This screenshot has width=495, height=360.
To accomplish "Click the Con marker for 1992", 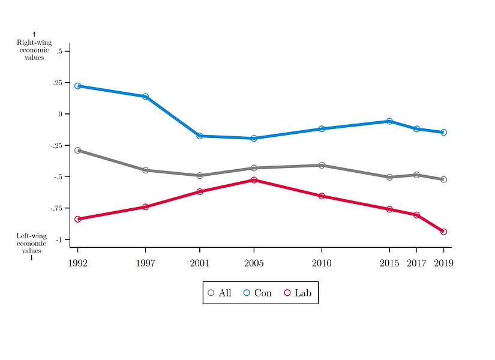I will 77,86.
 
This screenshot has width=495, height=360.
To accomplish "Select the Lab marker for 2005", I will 254,180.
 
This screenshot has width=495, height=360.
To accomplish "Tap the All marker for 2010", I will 322,165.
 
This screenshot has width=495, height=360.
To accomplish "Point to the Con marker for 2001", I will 200,136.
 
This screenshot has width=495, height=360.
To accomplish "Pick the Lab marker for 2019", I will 443,232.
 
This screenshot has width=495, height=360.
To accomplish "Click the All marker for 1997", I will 145,170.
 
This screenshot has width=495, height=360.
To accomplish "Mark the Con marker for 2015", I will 389,121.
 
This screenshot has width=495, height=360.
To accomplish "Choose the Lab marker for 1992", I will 77,219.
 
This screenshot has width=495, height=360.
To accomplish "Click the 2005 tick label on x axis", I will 254,263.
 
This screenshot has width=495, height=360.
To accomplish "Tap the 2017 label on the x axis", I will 416,263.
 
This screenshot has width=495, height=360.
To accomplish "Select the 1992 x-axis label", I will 77,263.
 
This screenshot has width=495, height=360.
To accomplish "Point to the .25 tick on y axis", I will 59,83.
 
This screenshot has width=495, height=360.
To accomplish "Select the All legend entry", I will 219,293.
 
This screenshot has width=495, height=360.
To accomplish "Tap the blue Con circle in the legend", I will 247,293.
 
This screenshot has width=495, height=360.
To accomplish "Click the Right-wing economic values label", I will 34,50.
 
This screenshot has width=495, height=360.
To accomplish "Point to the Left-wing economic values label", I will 31,243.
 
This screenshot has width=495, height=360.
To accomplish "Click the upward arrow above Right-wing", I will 34,34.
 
